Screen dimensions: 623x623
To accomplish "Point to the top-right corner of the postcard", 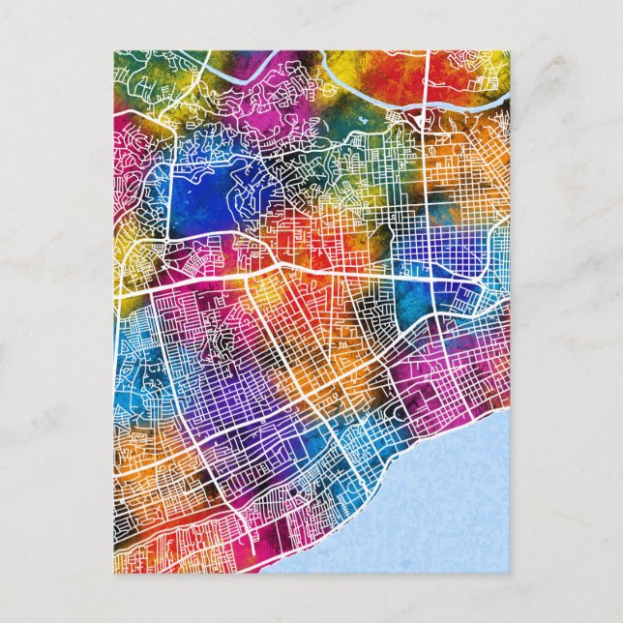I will (x=512, y=51).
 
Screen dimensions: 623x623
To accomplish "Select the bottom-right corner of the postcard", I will (x=512, y=572).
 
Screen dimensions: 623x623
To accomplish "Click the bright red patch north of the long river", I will (x=397, y=68).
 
